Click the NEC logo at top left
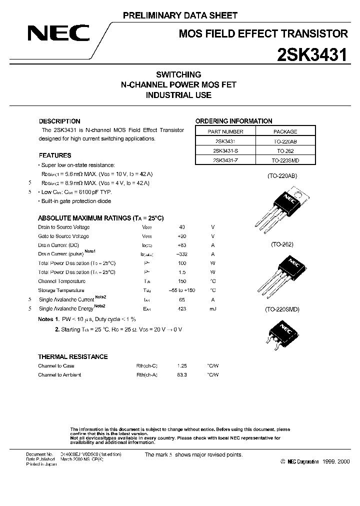click(58, 33)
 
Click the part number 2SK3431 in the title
click(312, 54)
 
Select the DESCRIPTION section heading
click(59, 121)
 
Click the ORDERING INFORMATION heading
click(233, 121)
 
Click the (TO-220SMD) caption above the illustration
click(281, 309)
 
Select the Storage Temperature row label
click(61, 290)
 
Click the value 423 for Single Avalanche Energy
click(181, 309)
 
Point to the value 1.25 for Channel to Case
click(181, 365)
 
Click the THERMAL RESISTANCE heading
click(73, 356)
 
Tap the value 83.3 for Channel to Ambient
click(181, 374)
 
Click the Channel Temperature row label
click(62, 281)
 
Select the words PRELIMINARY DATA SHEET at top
click(180, 16)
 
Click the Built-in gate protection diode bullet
click(76, 201)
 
